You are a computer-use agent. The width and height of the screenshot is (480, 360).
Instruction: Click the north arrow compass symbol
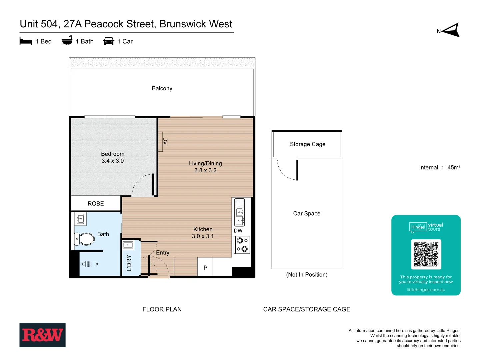coord(451,30)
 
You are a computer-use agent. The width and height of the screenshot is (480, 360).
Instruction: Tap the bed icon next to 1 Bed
coord(26,41)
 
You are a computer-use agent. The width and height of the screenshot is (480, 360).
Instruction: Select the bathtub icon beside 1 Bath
coord(67,41)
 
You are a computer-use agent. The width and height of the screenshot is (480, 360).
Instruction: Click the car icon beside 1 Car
coord(109,41)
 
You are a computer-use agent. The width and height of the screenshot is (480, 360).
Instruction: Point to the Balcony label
coord(162,88)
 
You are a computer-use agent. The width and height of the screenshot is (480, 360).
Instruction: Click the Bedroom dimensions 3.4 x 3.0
coord(113,161)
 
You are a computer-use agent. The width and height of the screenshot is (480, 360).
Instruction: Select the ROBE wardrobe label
coord(96,204)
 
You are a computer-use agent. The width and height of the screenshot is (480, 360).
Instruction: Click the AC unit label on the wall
coord(165,141)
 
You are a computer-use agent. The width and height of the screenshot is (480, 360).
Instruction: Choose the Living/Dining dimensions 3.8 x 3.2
coord(205,170)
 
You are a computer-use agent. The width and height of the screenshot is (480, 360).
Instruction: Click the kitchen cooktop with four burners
coord(242,245)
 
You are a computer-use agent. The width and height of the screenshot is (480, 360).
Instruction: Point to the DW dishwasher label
coord(238,231)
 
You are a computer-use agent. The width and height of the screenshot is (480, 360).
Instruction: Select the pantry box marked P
coord(205,267)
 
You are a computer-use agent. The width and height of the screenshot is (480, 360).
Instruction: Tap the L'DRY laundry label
coord(129,263)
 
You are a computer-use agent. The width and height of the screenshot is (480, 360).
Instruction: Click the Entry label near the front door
coord(163,253)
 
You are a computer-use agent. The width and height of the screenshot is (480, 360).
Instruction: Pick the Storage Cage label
coord(307,144)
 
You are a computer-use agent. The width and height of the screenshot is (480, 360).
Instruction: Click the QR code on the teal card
coord(426,254)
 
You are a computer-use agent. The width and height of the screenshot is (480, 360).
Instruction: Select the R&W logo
coord(42,335)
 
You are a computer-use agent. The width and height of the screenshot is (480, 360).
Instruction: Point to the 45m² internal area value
coord(454,167)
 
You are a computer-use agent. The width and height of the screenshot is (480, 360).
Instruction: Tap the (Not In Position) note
coord(307,275)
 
